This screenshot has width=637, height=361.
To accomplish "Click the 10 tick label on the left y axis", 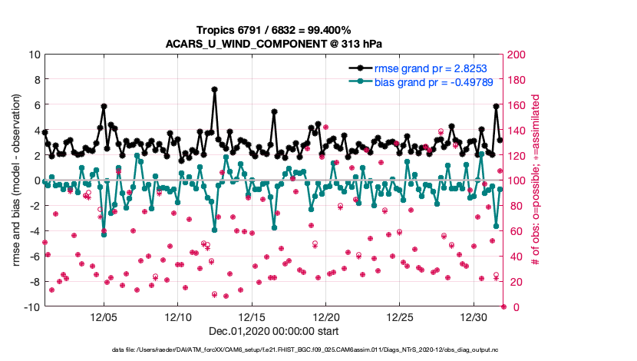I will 35,55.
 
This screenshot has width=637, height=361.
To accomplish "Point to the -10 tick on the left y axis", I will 32,307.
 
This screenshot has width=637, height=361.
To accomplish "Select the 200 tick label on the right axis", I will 517,55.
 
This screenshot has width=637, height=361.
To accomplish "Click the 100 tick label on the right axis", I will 517,180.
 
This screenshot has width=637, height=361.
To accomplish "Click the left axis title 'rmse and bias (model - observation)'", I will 16,180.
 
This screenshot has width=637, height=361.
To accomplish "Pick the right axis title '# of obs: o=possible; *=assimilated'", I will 536,180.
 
